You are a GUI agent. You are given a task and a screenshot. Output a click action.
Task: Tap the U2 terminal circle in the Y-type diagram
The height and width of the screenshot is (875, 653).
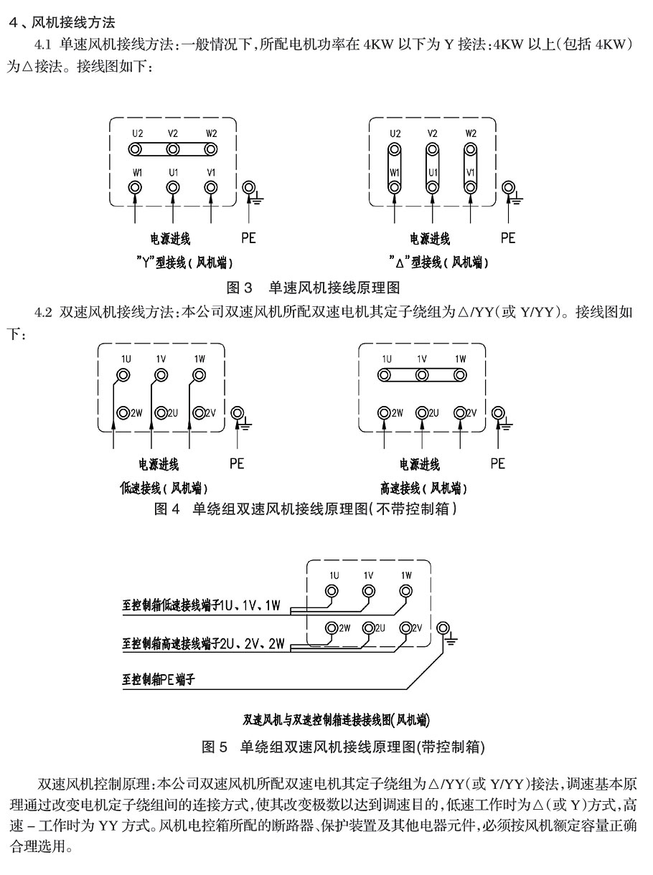135,149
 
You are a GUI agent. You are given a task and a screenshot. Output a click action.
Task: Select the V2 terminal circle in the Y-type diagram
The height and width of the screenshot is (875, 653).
172,149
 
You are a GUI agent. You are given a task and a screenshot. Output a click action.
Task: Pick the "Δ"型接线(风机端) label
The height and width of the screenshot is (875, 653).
438,262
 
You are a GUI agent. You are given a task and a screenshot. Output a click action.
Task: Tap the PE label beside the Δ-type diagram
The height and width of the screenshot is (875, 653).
508,238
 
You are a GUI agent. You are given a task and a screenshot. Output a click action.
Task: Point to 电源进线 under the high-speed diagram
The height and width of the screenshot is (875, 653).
419,464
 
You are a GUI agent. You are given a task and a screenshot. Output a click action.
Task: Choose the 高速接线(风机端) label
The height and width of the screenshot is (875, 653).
423,488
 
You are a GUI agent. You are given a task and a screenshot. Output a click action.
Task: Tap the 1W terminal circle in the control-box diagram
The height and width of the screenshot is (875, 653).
406,590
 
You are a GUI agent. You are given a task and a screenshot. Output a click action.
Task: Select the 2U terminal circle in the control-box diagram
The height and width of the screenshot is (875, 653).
369,628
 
